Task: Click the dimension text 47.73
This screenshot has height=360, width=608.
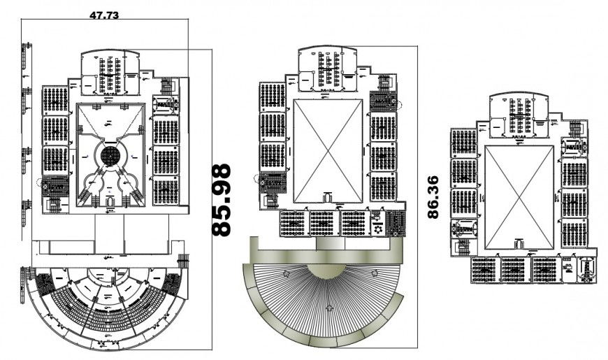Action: point(103,13)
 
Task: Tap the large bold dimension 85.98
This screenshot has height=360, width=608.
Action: point(222,200)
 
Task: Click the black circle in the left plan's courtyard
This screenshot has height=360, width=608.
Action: point(110,154)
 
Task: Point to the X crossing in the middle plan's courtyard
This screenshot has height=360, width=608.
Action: point(328,150)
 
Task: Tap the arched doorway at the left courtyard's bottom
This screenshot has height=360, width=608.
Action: point(110,201)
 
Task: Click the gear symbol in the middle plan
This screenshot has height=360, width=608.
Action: point(378,228)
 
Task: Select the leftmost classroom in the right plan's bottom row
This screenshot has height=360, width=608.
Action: point(483,269)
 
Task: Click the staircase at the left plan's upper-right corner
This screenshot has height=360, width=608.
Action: point(168,87)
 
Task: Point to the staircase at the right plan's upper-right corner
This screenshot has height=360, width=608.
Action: point(575,131)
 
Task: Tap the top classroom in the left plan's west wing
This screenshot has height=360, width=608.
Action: point(55,100)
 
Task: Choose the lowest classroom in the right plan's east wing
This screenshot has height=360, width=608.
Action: point(575,232)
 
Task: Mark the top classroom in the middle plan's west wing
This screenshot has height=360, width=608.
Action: point(272,96)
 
